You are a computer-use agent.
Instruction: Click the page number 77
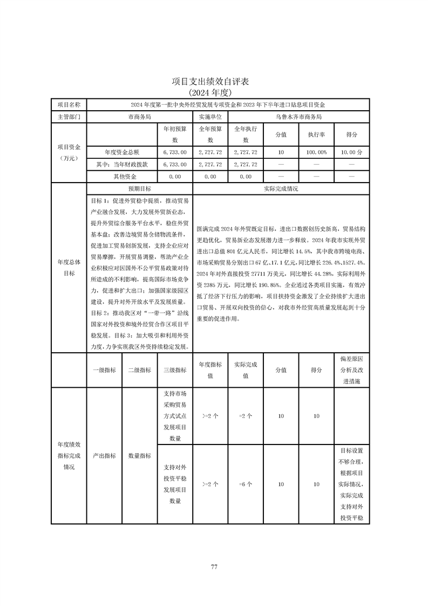(214, 567)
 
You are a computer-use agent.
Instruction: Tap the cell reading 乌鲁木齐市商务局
(298, 116)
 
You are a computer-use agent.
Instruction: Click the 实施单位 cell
(210, 116)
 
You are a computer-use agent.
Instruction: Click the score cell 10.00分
(352, 153)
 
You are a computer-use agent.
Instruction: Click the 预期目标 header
(139, 189)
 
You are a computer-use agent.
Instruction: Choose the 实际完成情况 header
(281, 189)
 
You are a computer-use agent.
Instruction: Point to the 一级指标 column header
(104, 370)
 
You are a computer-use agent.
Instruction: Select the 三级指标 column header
(175, 370)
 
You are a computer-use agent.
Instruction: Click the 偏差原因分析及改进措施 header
(352, 370)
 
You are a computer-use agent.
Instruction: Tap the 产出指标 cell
(104, 455)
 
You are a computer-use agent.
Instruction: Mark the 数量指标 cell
(139, 455)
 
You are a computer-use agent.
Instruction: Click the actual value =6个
(246, 484)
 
